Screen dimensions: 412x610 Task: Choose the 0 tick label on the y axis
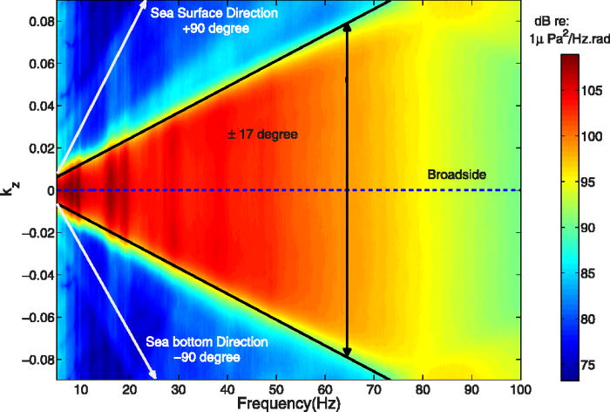(51, 189)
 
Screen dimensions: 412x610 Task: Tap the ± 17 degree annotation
(261, 135)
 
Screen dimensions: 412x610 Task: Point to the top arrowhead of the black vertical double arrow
(347, 26)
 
